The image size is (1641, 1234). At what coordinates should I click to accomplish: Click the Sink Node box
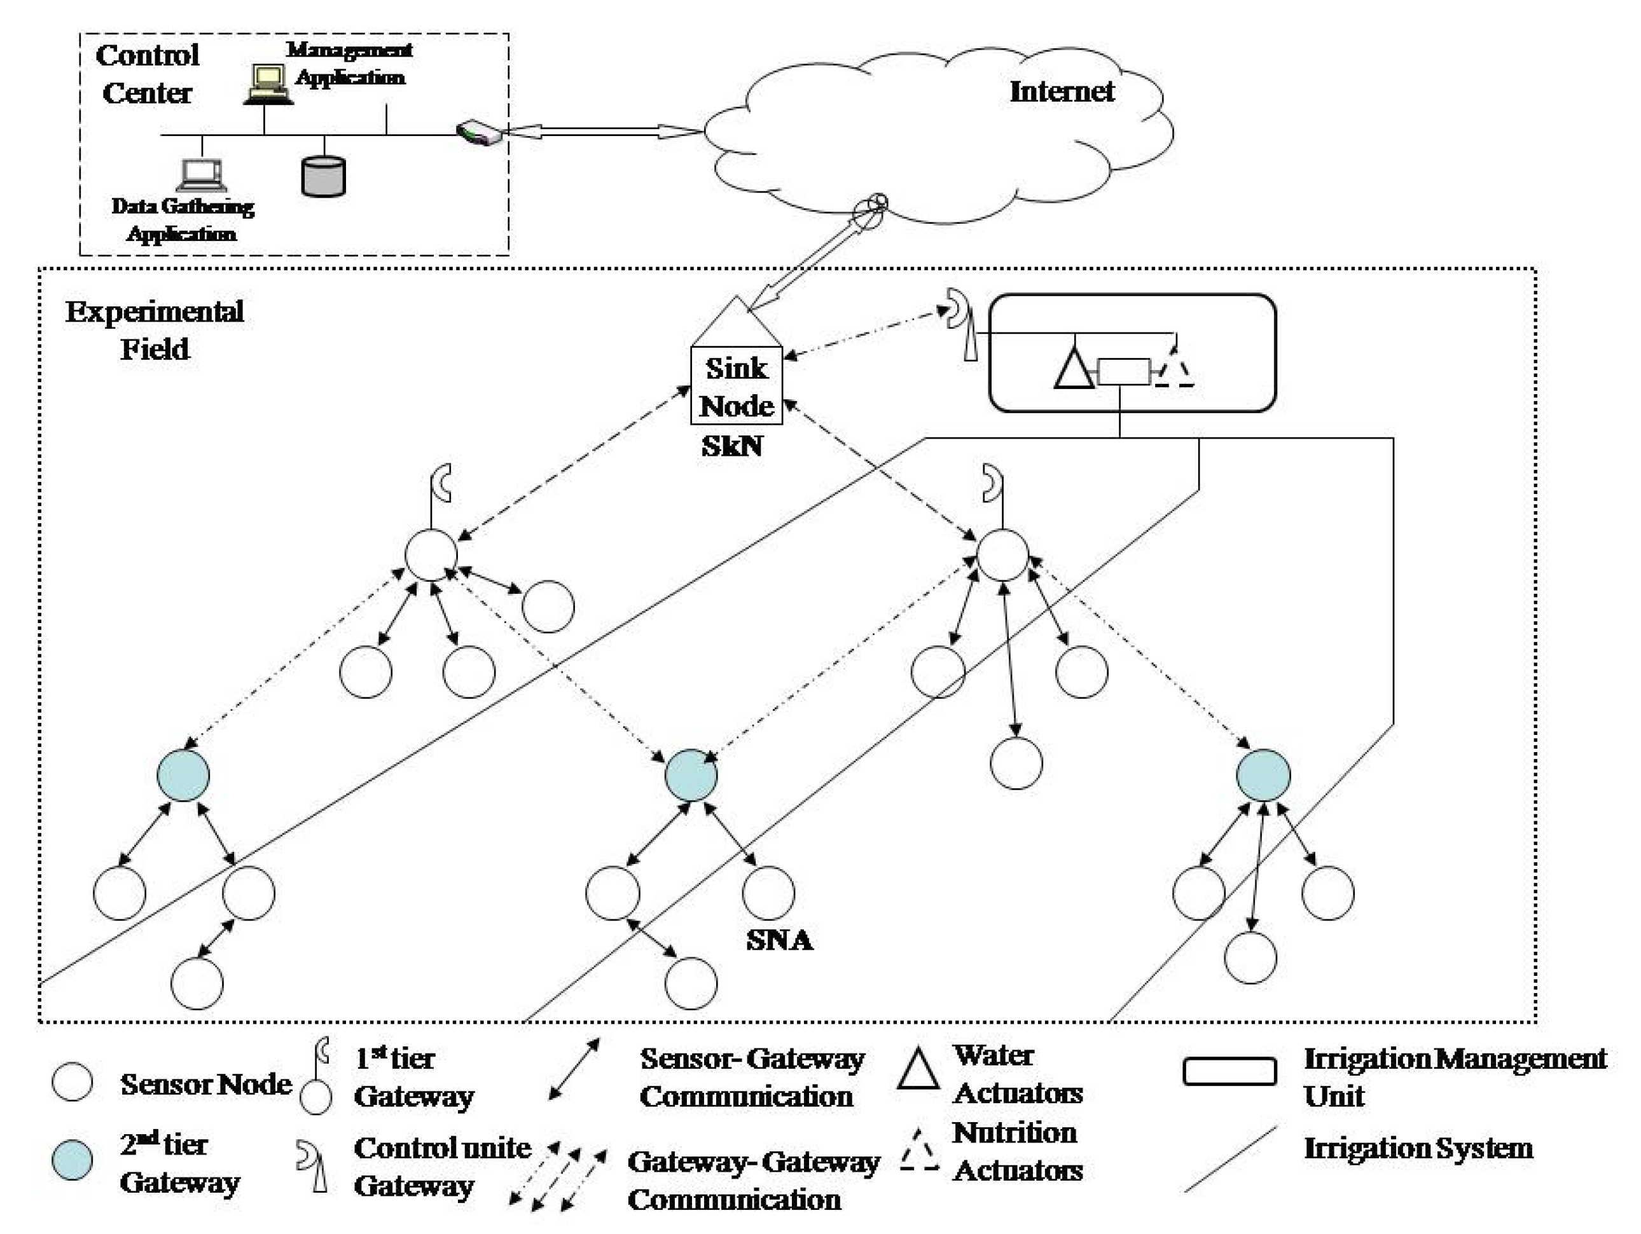coord(736,386)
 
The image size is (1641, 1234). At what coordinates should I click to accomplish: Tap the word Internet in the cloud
coord(1062,91)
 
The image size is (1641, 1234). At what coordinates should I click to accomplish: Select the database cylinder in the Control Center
coord(324,177)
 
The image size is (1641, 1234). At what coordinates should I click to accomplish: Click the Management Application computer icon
coord(267,83)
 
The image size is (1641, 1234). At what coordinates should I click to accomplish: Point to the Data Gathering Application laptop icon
coord(202,175)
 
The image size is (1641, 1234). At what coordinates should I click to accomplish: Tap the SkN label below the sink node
coord(731,446)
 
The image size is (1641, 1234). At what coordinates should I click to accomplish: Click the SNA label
coord(779,940)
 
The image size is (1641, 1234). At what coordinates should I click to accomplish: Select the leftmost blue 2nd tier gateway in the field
coord(183,776)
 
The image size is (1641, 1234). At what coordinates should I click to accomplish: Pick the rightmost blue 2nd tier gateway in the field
coord(1263,776)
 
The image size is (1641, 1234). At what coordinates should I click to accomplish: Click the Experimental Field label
coord(155,330)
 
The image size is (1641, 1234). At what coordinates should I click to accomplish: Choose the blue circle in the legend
coord(73,1160)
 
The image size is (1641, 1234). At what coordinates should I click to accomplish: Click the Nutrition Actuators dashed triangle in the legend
coord(919,1152)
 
